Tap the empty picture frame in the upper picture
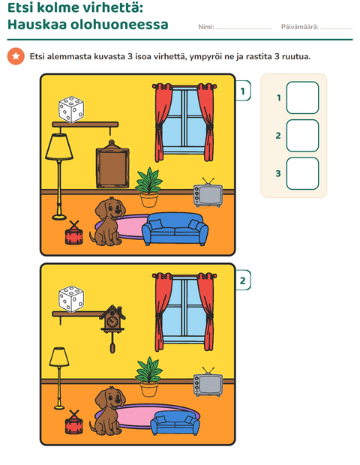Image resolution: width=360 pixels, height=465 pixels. (x=112, y=166)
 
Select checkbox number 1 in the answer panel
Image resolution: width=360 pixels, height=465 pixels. (x=302, y=97)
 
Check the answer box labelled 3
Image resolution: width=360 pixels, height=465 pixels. (x=302, y=173)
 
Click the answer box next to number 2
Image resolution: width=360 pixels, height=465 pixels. (x=302, y=136)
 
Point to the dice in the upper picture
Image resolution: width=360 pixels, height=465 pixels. (x=71, y=109)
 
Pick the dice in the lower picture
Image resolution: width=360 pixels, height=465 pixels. (x=71, y=299)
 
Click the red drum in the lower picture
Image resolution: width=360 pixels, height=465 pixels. (x=73, y=423)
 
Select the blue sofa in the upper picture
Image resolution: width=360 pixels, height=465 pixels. (x=175, y=229)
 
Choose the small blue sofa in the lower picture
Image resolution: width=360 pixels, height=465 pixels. (x=175, y=422)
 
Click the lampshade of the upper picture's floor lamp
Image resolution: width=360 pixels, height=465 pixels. (x=59, y=147)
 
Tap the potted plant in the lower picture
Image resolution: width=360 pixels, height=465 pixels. (x=148, y=377)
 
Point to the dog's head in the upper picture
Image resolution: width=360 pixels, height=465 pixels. (x=110, y=208)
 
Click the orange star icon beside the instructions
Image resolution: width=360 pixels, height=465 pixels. (x=16, y=56)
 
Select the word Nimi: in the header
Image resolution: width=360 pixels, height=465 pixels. (x=206, y=27)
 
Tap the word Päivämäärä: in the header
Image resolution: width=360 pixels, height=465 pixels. (x=299, y=27)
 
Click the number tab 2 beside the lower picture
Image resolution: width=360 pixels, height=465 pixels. (x=243, y=280)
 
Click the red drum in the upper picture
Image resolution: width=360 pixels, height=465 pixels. (x=73, y=233)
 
